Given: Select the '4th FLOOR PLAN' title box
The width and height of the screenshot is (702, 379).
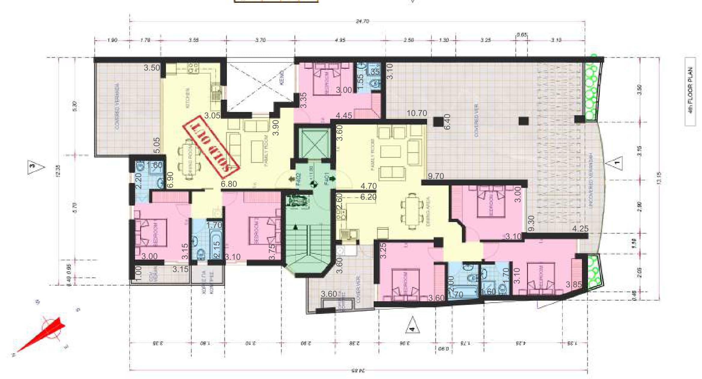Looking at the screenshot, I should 690,92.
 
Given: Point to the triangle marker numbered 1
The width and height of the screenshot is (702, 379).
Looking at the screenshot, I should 614,164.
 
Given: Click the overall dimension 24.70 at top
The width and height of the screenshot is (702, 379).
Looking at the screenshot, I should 362,21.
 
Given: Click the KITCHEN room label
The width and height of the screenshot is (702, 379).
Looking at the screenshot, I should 188,98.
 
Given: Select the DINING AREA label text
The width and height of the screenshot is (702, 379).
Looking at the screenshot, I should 428,211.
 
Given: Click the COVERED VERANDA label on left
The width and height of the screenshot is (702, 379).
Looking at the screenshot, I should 117,107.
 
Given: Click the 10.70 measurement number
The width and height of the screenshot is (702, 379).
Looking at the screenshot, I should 417,113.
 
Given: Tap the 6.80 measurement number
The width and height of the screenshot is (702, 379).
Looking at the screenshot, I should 229,184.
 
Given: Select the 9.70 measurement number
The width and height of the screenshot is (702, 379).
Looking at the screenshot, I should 435,176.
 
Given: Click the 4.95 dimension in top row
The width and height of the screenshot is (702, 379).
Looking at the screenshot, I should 340,40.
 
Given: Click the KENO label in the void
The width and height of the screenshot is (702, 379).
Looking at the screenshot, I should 282,78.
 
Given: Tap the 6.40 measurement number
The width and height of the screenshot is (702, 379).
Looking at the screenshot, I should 447,122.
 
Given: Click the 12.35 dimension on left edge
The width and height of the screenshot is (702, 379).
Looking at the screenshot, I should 58,171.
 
